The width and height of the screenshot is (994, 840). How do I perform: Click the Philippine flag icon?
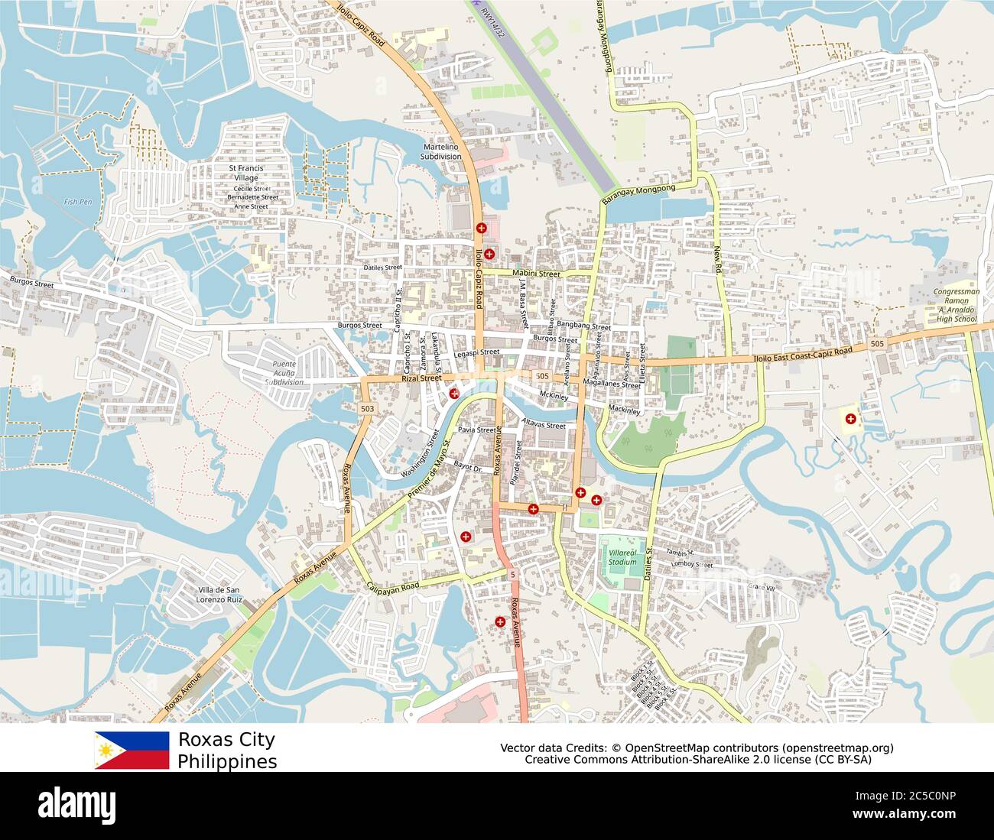[132, 750]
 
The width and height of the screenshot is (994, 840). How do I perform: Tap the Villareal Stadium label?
[622, 556]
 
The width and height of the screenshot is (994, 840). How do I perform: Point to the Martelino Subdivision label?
[441, 151]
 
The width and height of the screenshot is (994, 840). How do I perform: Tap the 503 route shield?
[368, 409]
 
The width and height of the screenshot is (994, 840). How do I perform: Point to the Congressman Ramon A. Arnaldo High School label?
[957, 305]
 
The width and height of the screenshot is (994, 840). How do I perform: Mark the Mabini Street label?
[536, 273]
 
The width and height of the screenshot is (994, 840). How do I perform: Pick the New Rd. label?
[718, 260]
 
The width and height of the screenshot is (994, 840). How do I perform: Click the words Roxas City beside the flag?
[226, 740]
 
